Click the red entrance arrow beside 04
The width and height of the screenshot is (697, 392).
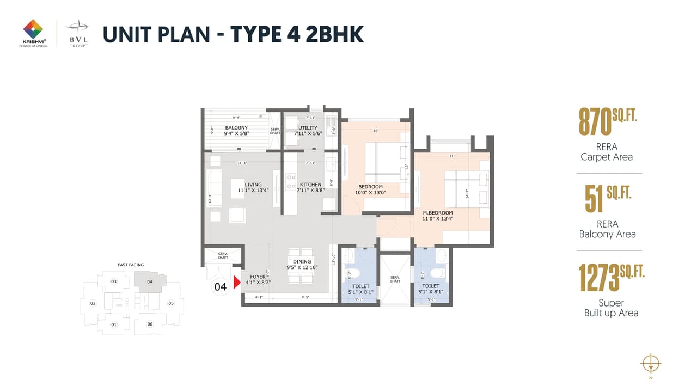pyautogui.click(x=236, y=283)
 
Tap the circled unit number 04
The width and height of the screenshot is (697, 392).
pyautogui.click(x=221, y=287)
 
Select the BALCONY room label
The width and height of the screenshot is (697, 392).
pyautogui.click(x=236, y=128)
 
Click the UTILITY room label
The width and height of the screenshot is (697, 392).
pyautogui.click(x=307, y=128)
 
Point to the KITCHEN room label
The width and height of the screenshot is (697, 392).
pyautogui.click(x=310, y=185)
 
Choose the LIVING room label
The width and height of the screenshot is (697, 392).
pyautogui.click(x=253, y=185)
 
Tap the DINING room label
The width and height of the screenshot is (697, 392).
pyautogui.click(x=302, y=262)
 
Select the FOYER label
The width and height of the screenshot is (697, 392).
pyautogui.click(x=258, y=277)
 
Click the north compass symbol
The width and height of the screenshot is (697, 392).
pyautogui.click(x=651, y=363)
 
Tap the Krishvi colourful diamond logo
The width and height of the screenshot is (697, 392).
pyautogui.click(x=33, y=29)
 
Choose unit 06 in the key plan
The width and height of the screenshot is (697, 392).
pyautogui.click(x=150, y=324)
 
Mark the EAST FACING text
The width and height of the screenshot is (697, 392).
pyautogui.click(x=131, y=265)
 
